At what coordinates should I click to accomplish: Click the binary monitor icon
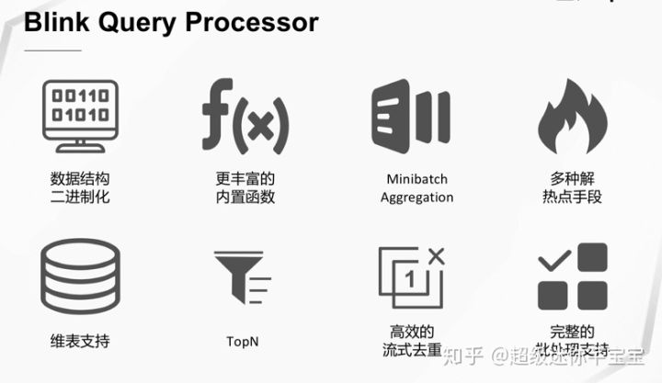tap(80, 116)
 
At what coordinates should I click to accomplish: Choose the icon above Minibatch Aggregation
tap(410, 116)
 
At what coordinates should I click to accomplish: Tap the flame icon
tap(572, 116)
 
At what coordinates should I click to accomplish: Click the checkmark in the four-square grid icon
tap(553, 262)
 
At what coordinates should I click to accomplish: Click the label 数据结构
tap(80, 178)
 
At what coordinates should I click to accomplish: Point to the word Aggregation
tap(417, 197)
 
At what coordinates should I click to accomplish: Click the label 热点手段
tap(572, 197)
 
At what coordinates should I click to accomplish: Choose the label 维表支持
tap(80, 341)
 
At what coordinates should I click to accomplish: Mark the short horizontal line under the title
tap(52, 50)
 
